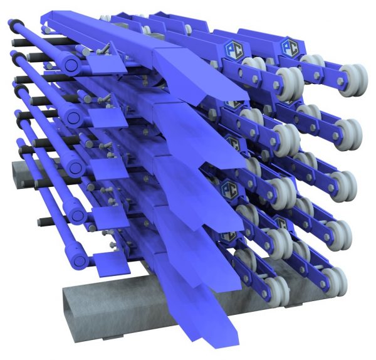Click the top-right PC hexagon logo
290,46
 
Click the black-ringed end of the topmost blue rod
12,24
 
